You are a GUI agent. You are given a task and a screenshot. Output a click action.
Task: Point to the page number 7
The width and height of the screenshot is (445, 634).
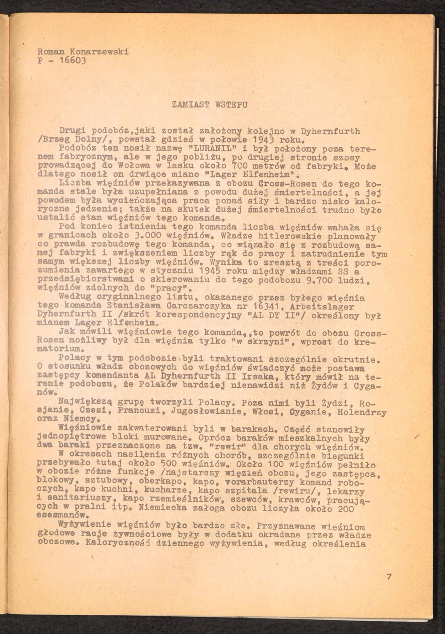(x=389, y=577)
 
